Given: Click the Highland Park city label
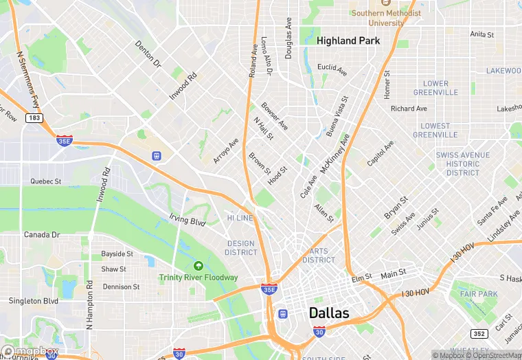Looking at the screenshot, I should coord(348,41).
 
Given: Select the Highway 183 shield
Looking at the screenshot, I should coord(33,118).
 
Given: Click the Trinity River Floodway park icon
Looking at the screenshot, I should coord(198,266).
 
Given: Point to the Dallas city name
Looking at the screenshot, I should coord(329,313).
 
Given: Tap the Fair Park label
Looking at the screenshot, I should coord(478,294).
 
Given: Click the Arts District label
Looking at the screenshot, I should coord(319,256).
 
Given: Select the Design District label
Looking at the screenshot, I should coord(241,248).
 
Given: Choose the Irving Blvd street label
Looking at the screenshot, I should coord(188,221).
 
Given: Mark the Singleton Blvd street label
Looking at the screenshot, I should coord(33,301).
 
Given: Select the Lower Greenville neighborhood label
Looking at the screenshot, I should coord(435,88).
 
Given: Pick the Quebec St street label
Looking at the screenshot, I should coord(45,181).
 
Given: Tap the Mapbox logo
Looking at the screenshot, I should coord(30,351).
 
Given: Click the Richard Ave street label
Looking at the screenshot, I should coord(409,109).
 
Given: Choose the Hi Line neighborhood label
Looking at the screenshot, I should coord(240,218).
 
